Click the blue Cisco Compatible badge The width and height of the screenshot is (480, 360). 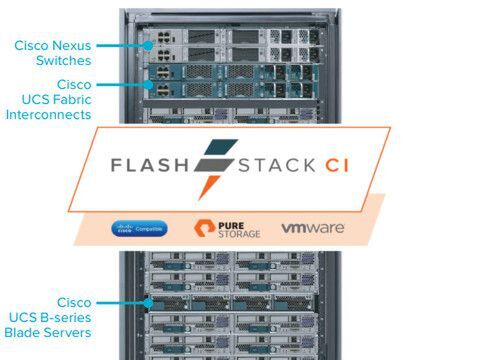click(x=140, y=229)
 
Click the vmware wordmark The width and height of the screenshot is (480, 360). click(x=313, y=228)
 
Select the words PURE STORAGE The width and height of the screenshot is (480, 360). click(x=240, y=229)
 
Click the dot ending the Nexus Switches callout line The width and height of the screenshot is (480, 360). click(x=143, y=44)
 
